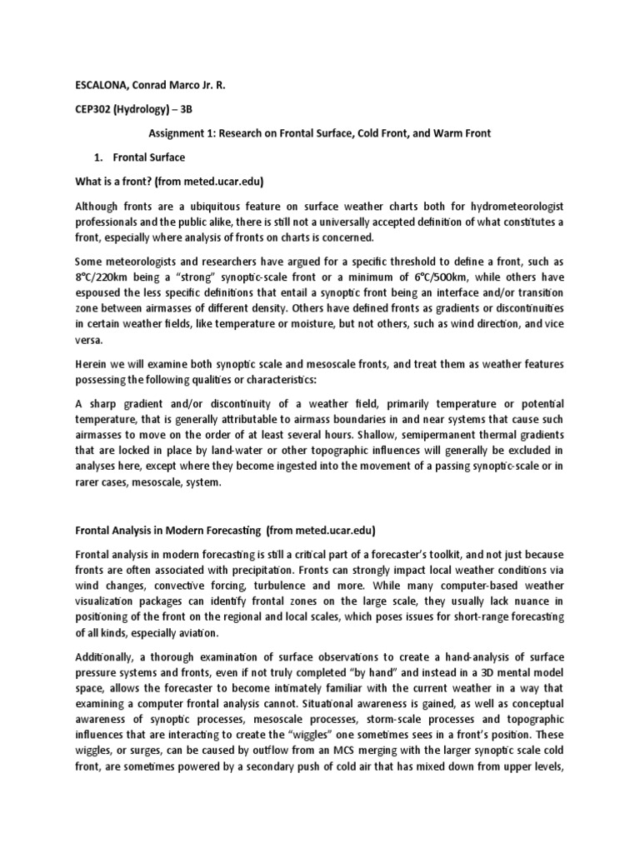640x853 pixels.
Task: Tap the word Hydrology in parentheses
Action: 151,108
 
